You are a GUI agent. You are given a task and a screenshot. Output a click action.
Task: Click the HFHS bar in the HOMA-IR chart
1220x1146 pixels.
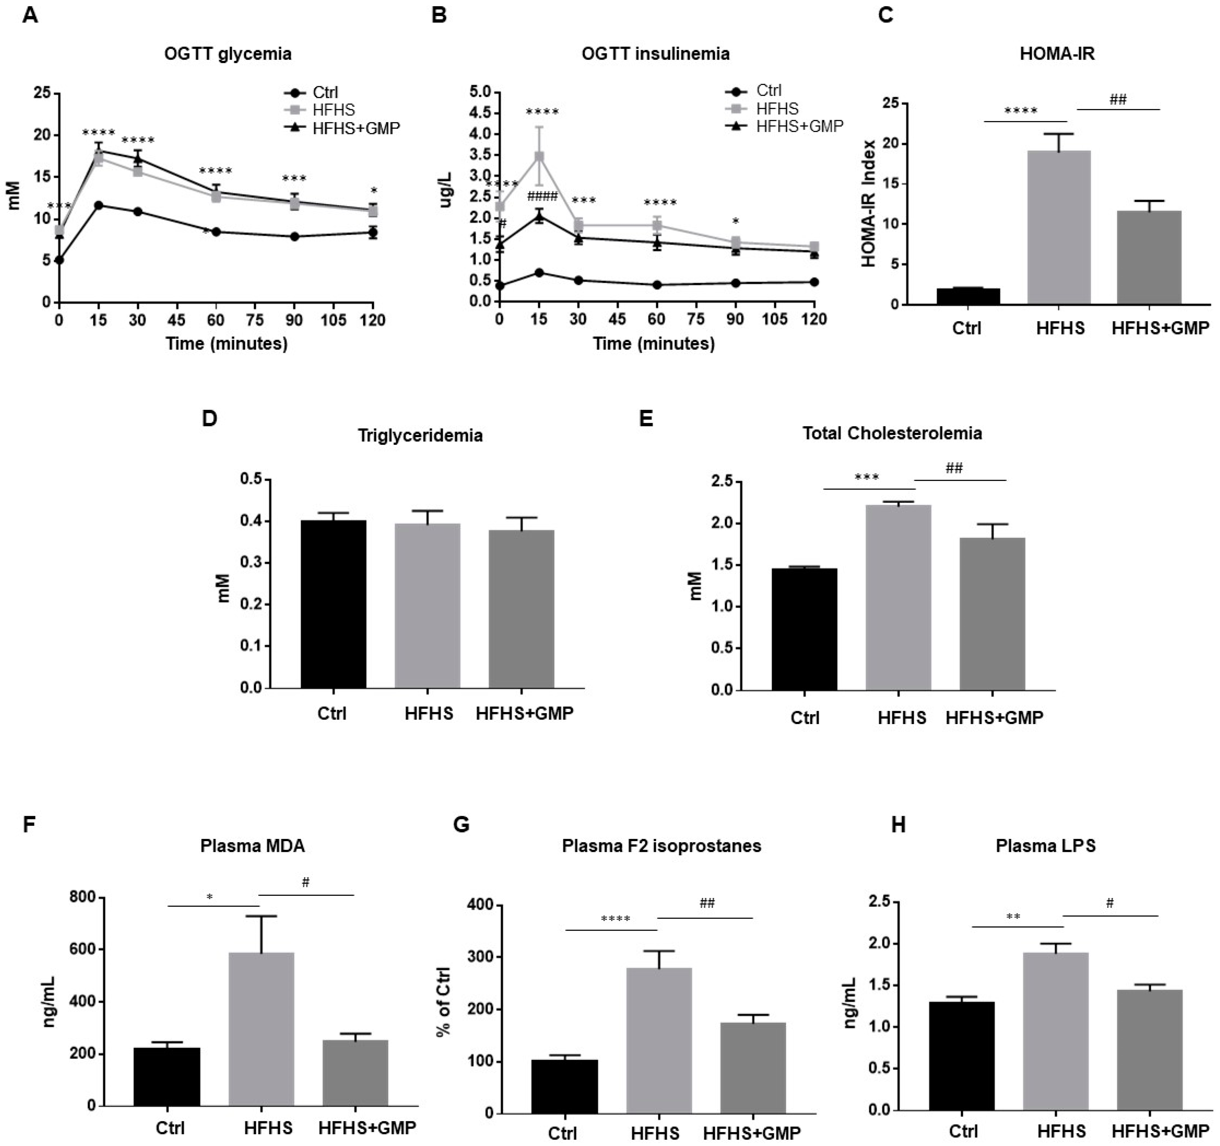1058,227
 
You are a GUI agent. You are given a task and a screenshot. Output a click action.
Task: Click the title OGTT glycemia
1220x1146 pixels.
228,54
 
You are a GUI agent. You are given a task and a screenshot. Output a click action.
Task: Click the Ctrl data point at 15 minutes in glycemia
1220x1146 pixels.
98,205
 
